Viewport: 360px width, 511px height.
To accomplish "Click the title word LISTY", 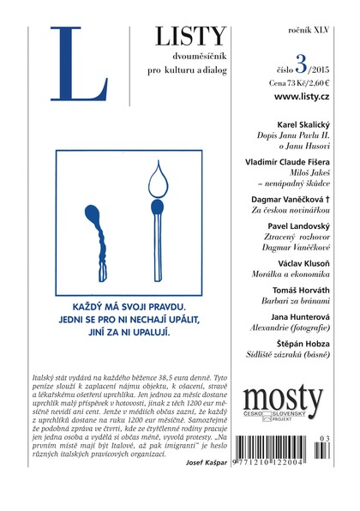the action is click(191, 36).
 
